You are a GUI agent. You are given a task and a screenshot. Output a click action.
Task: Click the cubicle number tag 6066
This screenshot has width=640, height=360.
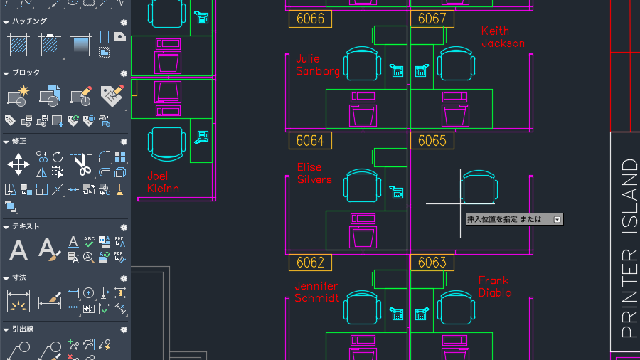(x=310, y=18)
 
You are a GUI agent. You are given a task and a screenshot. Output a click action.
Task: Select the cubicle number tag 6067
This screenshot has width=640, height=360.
(x=432, y=18)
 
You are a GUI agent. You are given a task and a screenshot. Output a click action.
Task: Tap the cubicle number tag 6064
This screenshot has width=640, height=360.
(x=310, y=141)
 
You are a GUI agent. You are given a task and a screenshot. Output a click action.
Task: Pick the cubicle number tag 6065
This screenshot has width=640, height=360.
(x=432, y=141)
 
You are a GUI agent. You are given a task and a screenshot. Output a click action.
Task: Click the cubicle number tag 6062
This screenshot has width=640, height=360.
(x=310, y=263)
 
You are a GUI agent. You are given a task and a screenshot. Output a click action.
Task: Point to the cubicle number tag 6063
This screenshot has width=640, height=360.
(x=432, y=263)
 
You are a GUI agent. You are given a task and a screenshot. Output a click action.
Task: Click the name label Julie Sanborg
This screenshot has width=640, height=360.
(x=318, y=65)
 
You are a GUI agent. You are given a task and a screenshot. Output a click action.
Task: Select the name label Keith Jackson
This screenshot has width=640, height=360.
(x=503, y=37)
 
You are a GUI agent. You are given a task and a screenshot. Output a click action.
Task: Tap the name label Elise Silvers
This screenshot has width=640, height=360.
(x=314, y=173)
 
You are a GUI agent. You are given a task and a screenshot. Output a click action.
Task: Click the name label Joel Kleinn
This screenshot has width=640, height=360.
(x=163, y=182)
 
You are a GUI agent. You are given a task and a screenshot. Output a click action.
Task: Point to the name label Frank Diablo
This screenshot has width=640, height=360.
(x=495, y=287)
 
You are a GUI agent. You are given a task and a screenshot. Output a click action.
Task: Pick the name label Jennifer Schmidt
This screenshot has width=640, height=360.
(x=316, y=292)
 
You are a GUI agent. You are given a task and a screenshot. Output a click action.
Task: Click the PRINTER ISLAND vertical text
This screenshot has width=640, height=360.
(x=629, y=248)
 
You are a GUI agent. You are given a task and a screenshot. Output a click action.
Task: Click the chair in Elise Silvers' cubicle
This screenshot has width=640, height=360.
(x=362, y=186)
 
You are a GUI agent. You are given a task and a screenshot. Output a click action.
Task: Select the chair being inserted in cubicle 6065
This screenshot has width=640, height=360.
(x=479, y=187)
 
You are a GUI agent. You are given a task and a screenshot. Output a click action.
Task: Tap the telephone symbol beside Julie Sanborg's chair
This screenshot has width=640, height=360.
(x=396, y=70)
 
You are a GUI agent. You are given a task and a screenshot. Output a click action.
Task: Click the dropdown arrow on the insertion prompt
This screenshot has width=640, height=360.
(x=557, y=220)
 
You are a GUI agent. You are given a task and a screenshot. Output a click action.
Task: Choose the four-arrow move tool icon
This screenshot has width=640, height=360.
(x=18, y=164)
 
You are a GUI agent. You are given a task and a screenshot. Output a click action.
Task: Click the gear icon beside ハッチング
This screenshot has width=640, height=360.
(x=124, y=23)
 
